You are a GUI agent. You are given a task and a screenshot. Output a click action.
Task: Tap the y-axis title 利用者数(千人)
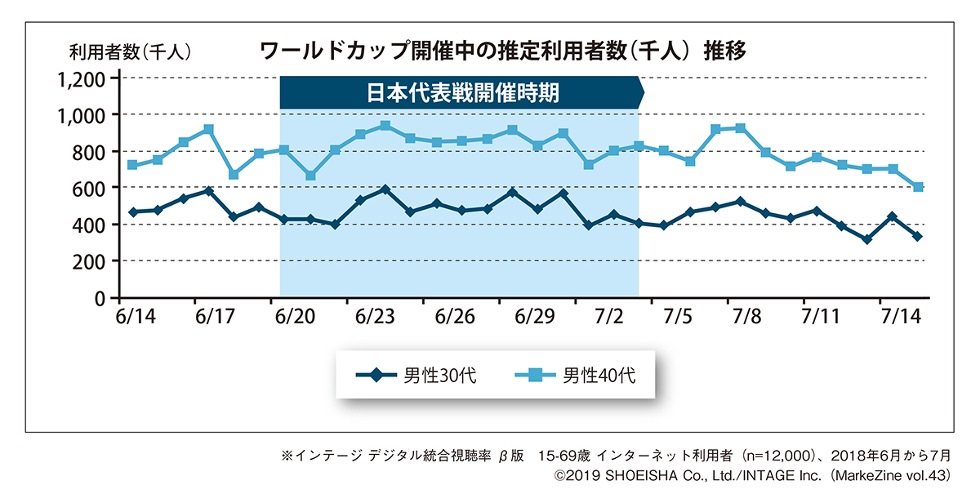click(x=131, y=51)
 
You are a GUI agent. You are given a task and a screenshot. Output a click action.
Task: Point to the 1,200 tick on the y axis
click(x=81, y=79)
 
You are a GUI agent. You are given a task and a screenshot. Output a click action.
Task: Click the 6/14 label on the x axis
click(x=132, y=316)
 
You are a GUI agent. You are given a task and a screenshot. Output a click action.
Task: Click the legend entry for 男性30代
click(x=416, y=376)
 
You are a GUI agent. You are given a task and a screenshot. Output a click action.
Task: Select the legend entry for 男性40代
click(x=575, y=376)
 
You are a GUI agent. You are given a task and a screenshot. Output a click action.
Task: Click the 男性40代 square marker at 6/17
click(x=208, y=129)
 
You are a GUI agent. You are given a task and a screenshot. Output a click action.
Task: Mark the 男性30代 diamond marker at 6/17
click(x=208, y=191)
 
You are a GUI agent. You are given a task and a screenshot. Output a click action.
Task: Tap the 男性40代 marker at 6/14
click(x=132, y=165)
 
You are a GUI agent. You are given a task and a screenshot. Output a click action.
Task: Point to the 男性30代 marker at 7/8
click(x=740, y=201)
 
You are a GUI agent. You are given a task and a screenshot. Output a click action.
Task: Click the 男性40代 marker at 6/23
click(x=385, y=126)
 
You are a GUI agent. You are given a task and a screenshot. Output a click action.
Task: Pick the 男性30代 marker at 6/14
click(x=132, y=212)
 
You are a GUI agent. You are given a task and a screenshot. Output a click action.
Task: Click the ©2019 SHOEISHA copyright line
click(x=751, y=474)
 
